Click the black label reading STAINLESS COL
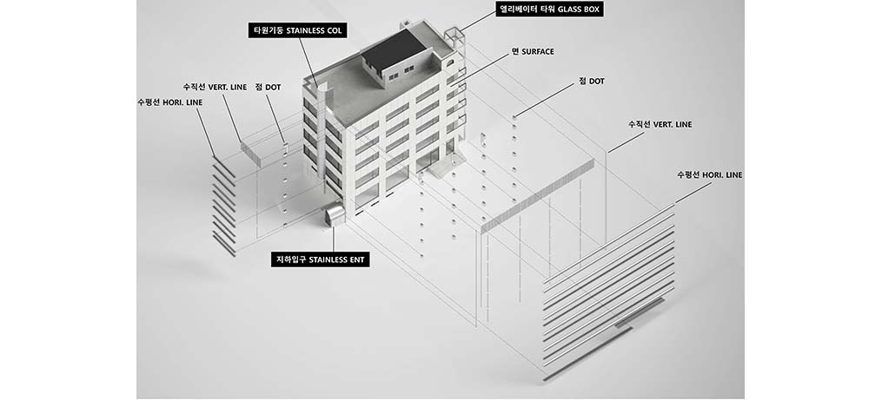(297, 30)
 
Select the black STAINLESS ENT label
(320, 259)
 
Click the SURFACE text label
(533, 52)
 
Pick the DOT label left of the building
(268, 88)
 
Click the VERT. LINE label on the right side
(660, 124)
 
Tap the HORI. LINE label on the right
(709, 175)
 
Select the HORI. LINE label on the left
(169, 102)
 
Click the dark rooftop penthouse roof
(393, 48)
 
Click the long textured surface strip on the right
(538, 194)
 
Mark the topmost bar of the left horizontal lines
(225, 168)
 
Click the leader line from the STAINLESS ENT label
(333, 239)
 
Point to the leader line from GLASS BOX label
(477, 22)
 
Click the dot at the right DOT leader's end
(514, 117)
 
